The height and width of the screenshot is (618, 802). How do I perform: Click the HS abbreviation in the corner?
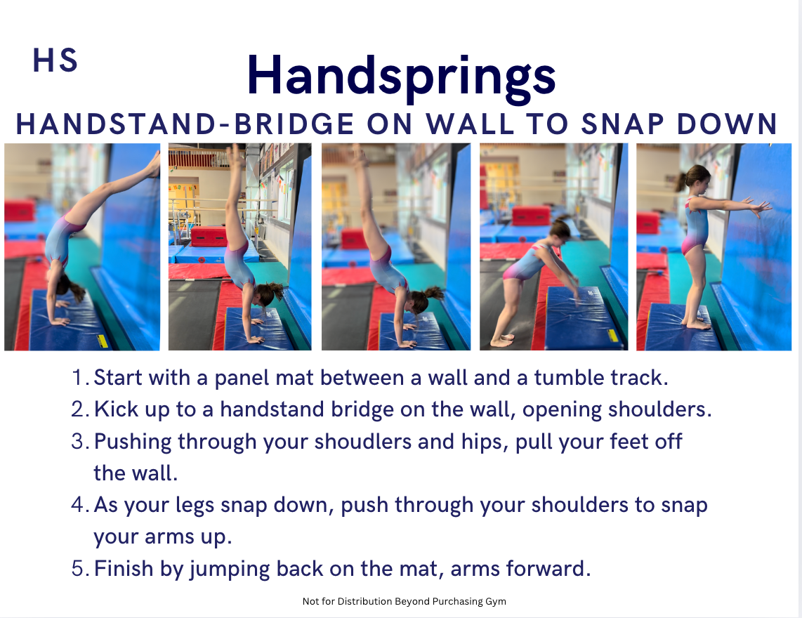(55, 60)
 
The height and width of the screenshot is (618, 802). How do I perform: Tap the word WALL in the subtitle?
(471, 124)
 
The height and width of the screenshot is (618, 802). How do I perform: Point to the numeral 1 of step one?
(77, 378)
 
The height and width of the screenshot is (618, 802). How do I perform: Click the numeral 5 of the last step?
(77, 569)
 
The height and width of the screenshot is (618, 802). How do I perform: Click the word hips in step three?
(478, 442)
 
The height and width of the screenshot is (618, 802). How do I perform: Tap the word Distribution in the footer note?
(364, 601)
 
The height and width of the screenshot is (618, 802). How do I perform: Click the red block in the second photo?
(209, 237)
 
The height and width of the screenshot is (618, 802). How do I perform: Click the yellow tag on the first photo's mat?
(103, 341)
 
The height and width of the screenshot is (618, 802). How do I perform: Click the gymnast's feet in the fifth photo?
(697, 323)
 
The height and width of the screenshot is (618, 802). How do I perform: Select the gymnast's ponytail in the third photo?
(435, 293)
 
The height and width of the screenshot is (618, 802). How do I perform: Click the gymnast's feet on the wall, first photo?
(154, 165)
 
